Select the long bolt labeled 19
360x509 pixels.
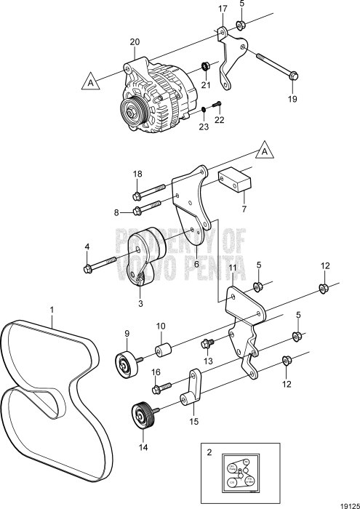point(276,65)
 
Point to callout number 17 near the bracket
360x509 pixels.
point(224,9)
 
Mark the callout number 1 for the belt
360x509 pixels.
point(52,310)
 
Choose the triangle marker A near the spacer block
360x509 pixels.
point(265,153)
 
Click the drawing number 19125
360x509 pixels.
point(347,501)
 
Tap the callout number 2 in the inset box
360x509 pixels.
point(209,452)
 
